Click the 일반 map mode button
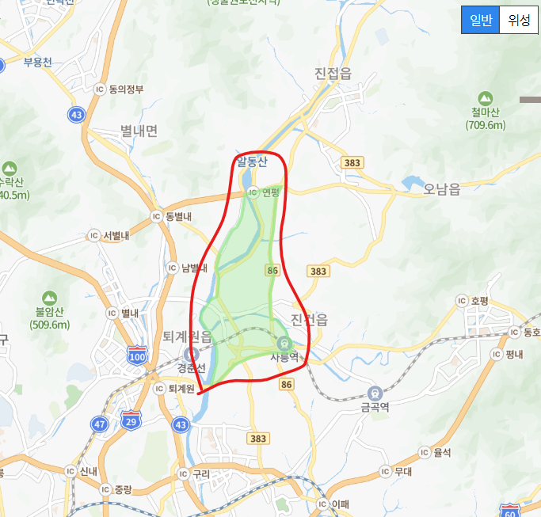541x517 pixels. [x=480, y=20]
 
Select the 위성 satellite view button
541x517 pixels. [x=519, y=20]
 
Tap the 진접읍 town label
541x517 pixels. [x=333, y=74]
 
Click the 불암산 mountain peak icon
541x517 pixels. [x=49, y=297]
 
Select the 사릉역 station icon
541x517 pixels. [x=284, y=342]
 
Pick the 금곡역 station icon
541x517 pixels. [x=375, y=392]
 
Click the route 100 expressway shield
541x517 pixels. [x=137, y=357]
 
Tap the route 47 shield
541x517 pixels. [x=99, y=424]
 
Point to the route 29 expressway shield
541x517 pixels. [x=131, y=418]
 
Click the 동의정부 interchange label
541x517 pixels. [x=120, y=89]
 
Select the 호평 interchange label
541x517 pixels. [x=475, y=300]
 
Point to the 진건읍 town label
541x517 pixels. [x=309, y=319]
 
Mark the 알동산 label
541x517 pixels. [x=252, y=162]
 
